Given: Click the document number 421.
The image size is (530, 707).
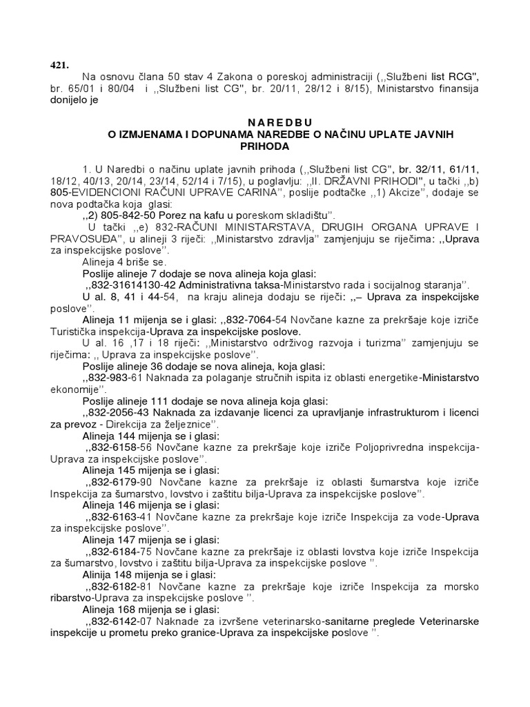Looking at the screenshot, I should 59,65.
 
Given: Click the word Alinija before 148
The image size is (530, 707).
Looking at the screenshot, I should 99,574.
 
